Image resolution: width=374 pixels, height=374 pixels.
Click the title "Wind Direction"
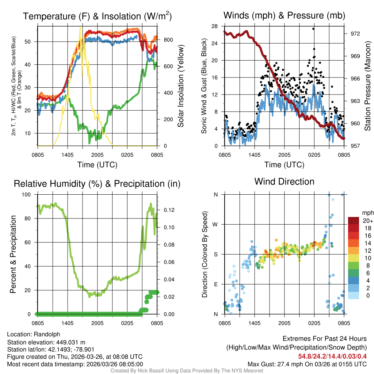coord(284,182)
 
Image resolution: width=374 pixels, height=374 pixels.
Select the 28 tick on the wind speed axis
coord(214,26)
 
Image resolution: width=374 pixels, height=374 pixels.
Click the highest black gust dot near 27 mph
coord(313,29)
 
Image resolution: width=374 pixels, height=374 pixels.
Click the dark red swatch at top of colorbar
coord(354,221)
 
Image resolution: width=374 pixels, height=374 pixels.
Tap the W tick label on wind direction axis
coord(216,224)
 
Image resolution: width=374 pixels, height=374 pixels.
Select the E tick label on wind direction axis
coord(216,284)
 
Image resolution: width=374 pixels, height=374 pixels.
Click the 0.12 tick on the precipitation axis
coord(165,210)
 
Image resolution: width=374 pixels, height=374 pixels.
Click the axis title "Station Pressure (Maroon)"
coord(368,86)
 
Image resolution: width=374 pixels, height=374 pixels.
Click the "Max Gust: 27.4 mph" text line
coord(307,364)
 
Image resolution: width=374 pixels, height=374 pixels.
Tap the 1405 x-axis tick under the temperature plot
coord(68,155)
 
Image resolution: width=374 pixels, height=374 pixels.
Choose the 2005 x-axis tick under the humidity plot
coord(98,323)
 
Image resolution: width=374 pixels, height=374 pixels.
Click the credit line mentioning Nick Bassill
coord(187,371)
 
